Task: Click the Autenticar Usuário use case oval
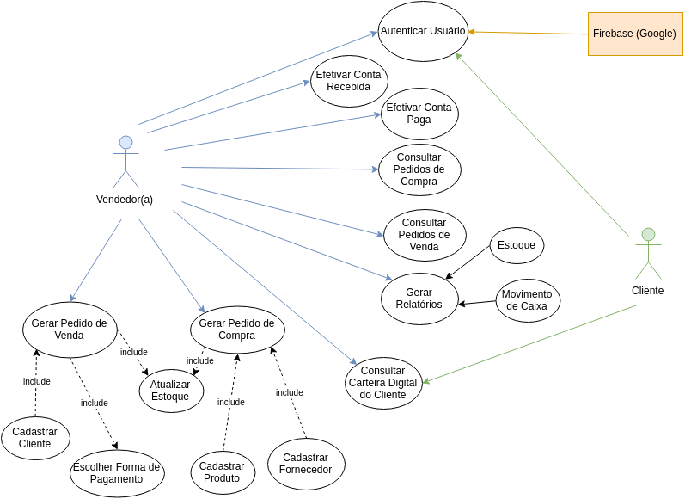423,31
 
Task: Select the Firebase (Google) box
634,34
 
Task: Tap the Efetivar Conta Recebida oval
349,81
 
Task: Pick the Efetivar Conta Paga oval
419,114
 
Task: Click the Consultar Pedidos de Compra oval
419,169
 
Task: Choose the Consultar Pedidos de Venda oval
425,235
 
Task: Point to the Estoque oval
517,245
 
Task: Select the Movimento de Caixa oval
528,300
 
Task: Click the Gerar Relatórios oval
419,299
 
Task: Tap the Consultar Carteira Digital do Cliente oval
383,383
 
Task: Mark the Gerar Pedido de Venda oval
70,330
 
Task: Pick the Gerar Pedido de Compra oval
236,330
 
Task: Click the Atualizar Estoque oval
171,391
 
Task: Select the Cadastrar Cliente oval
35,438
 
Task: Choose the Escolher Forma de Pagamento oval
117,473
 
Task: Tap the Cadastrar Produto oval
223,472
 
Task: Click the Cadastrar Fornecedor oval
306,464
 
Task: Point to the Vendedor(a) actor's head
125,143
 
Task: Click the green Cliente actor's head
648,234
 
